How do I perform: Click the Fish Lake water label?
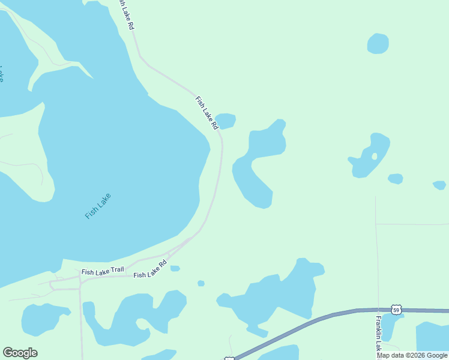coord(98,206)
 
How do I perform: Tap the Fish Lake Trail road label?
coord(103,271)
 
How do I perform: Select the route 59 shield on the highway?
coord(395,310)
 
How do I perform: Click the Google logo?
coord(20,353)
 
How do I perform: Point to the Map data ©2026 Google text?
coord(412,355)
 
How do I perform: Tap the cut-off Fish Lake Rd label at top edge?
coord(125,16)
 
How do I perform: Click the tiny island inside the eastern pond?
coord(375,157)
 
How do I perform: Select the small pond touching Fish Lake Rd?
coord(226,121)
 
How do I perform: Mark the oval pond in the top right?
coord(378,43)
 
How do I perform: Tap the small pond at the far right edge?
coord(439,185)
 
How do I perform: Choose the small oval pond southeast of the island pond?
coord(395,178)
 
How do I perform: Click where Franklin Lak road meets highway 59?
coord(378,310)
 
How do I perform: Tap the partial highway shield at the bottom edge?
coord(229,358)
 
